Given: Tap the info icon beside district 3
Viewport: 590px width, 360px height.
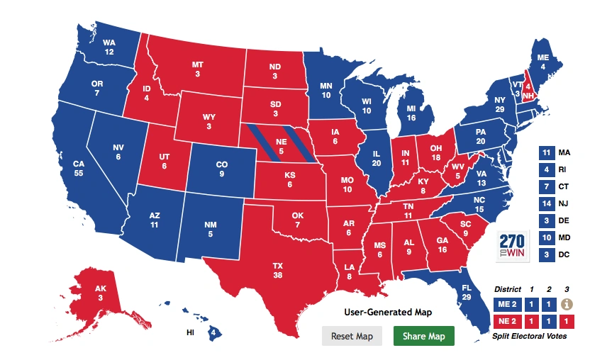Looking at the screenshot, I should point(566,304).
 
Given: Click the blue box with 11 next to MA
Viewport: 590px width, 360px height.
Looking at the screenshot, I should point(546,152).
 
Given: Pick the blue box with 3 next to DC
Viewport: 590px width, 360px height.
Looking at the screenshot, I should point(546,254).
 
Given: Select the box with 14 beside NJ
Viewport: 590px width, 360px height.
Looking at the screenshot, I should point(546,203).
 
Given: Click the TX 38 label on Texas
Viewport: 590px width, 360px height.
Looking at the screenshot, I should point(278,271).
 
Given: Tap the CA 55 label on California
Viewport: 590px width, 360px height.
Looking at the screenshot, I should point(78,168).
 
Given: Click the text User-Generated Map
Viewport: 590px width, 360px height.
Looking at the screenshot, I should point(387,312).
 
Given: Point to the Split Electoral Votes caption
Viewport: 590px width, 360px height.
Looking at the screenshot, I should point(530,336).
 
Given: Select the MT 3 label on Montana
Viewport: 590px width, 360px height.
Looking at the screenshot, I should point(198,69).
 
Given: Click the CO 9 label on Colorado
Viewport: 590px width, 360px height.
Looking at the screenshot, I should point(222,169).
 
